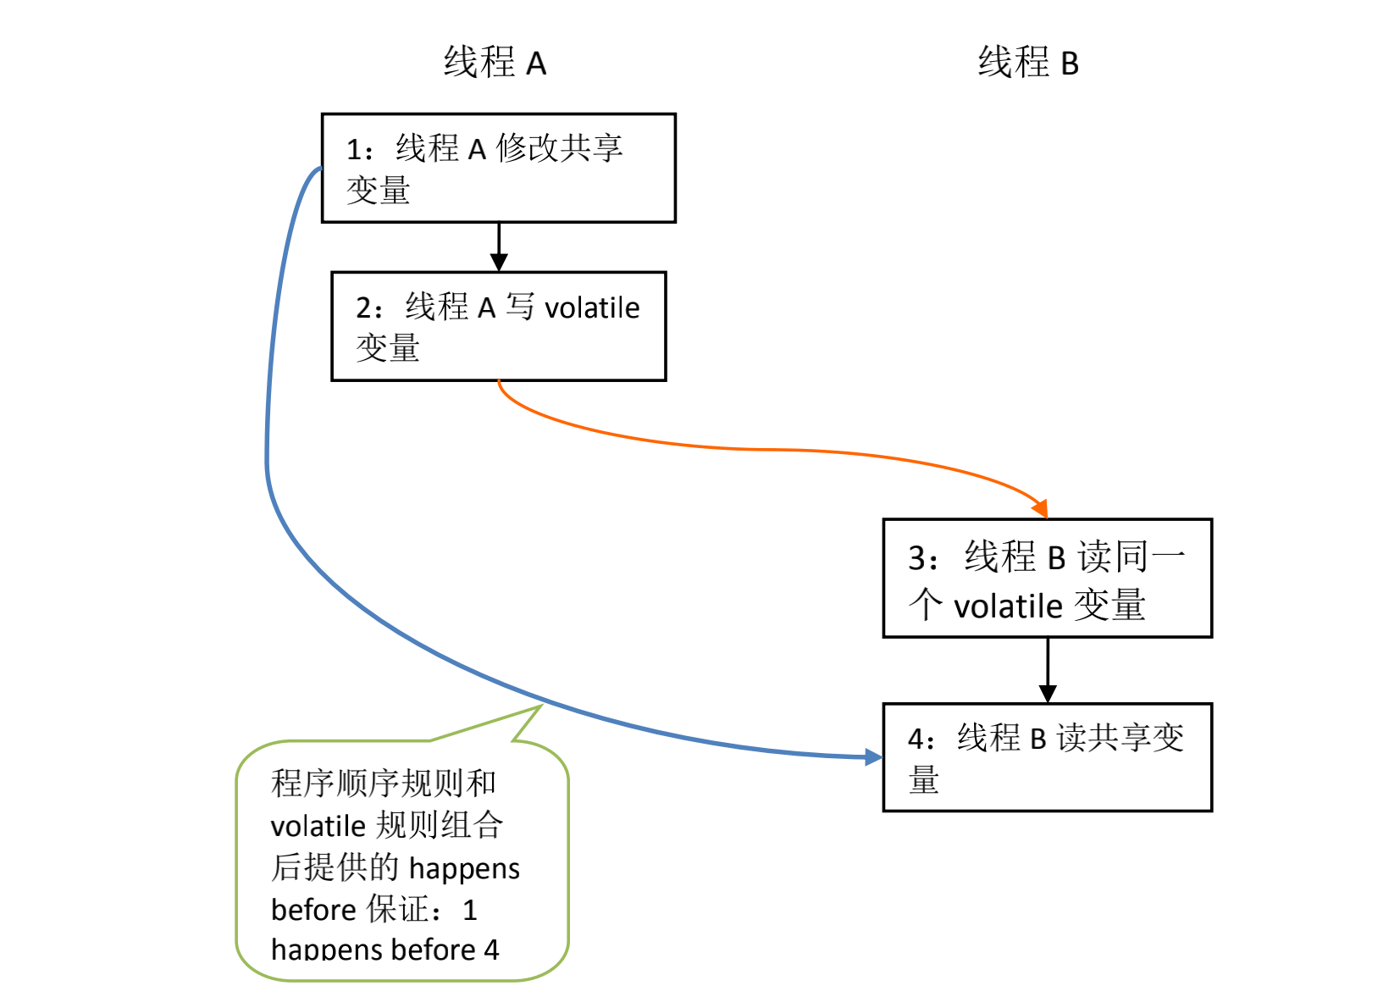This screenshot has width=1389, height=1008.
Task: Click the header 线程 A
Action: (x=495, y=63)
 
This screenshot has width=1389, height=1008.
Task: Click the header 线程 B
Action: (x=1029, y=63)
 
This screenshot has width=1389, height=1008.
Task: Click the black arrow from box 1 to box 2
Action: (x=499, y=246)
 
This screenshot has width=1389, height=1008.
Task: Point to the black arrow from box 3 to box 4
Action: (x=1048, y=671)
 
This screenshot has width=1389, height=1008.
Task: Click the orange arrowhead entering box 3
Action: (x=1041, y=509)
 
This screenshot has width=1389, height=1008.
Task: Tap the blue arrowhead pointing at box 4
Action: (x=874, y=757)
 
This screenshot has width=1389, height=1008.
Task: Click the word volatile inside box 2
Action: (x=592, y=308)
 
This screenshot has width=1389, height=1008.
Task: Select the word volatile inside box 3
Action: (x=1008, y=606)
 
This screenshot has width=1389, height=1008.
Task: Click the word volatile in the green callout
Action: (x=318, y=827)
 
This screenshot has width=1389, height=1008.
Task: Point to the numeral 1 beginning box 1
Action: (x=354, y=150)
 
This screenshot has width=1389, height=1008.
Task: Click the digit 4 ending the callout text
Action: (x=492, y=950)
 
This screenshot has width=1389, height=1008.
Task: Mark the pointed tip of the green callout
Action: (x=542, y=706)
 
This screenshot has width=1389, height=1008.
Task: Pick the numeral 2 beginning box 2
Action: (x=364, y=308)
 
